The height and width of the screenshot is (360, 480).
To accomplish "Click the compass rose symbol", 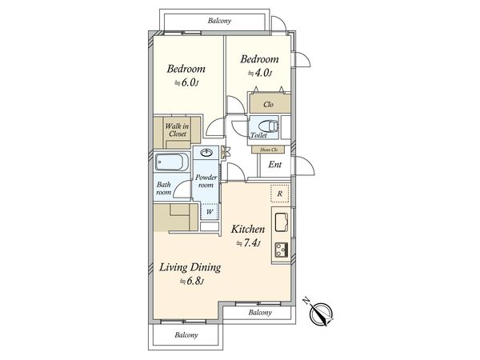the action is click(321, 314).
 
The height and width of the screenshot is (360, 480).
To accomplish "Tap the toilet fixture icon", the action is click(268, 126).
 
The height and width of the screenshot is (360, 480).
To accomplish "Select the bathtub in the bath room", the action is click(171, 162).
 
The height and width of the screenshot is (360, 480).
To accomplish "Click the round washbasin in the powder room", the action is click(207, 152).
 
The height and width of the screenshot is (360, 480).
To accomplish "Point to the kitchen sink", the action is click(282, 222).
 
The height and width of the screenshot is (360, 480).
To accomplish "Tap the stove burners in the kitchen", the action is click(282, 249).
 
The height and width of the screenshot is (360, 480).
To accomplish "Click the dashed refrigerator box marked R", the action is click(280, 194).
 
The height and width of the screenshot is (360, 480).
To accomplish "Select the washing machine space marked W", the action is click(210, 211).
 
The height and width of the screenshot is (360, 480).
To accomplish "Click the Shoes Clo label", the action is click(269, 150).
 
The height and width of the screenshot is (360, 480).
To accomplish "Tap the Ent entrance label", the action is click(274, 165).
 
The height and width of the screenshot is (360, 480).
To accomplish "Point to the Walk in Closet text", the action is click(177, 130).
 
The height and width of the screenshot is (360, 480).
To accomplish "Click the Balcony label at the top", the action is click(219, 21).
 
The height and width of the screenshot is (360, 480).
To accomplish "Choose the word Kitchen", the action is click(248, 229).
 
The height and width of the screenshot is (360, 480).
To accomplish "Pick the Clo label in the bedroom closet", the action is click(268, 104).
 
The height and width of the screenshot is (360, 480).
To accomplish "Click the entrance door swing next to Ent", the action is click(304, 166).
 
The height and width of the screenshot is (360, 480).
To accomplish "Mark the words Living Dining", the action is click(190, 267).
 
